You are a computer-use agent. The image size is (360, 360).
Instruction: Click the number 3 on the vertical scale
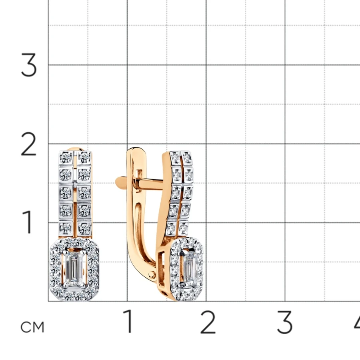pyautogui.click(x=29, y=65)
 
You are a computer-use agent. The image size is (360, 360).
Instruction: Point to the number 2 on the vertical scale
pyautogui.click(x=28, y=144)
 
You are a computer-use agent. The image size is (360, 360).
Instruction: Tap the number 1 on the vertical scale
pyautogui.click(x=28, y=222)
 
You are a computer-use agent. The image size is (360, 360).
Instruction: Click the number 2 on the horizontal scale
pyautogui.click(x=208, y=322)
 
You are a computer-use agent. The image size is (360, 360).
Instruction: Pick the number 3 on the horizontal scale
pyautogui.click(x=285, y=322)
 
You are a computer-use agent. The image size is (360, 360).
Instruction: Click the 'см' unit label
pyautogui.click(x=32, y=327)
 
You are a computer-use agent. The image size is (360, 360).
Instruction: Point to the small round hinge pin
pyautogui.click(x=152, y=274)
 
